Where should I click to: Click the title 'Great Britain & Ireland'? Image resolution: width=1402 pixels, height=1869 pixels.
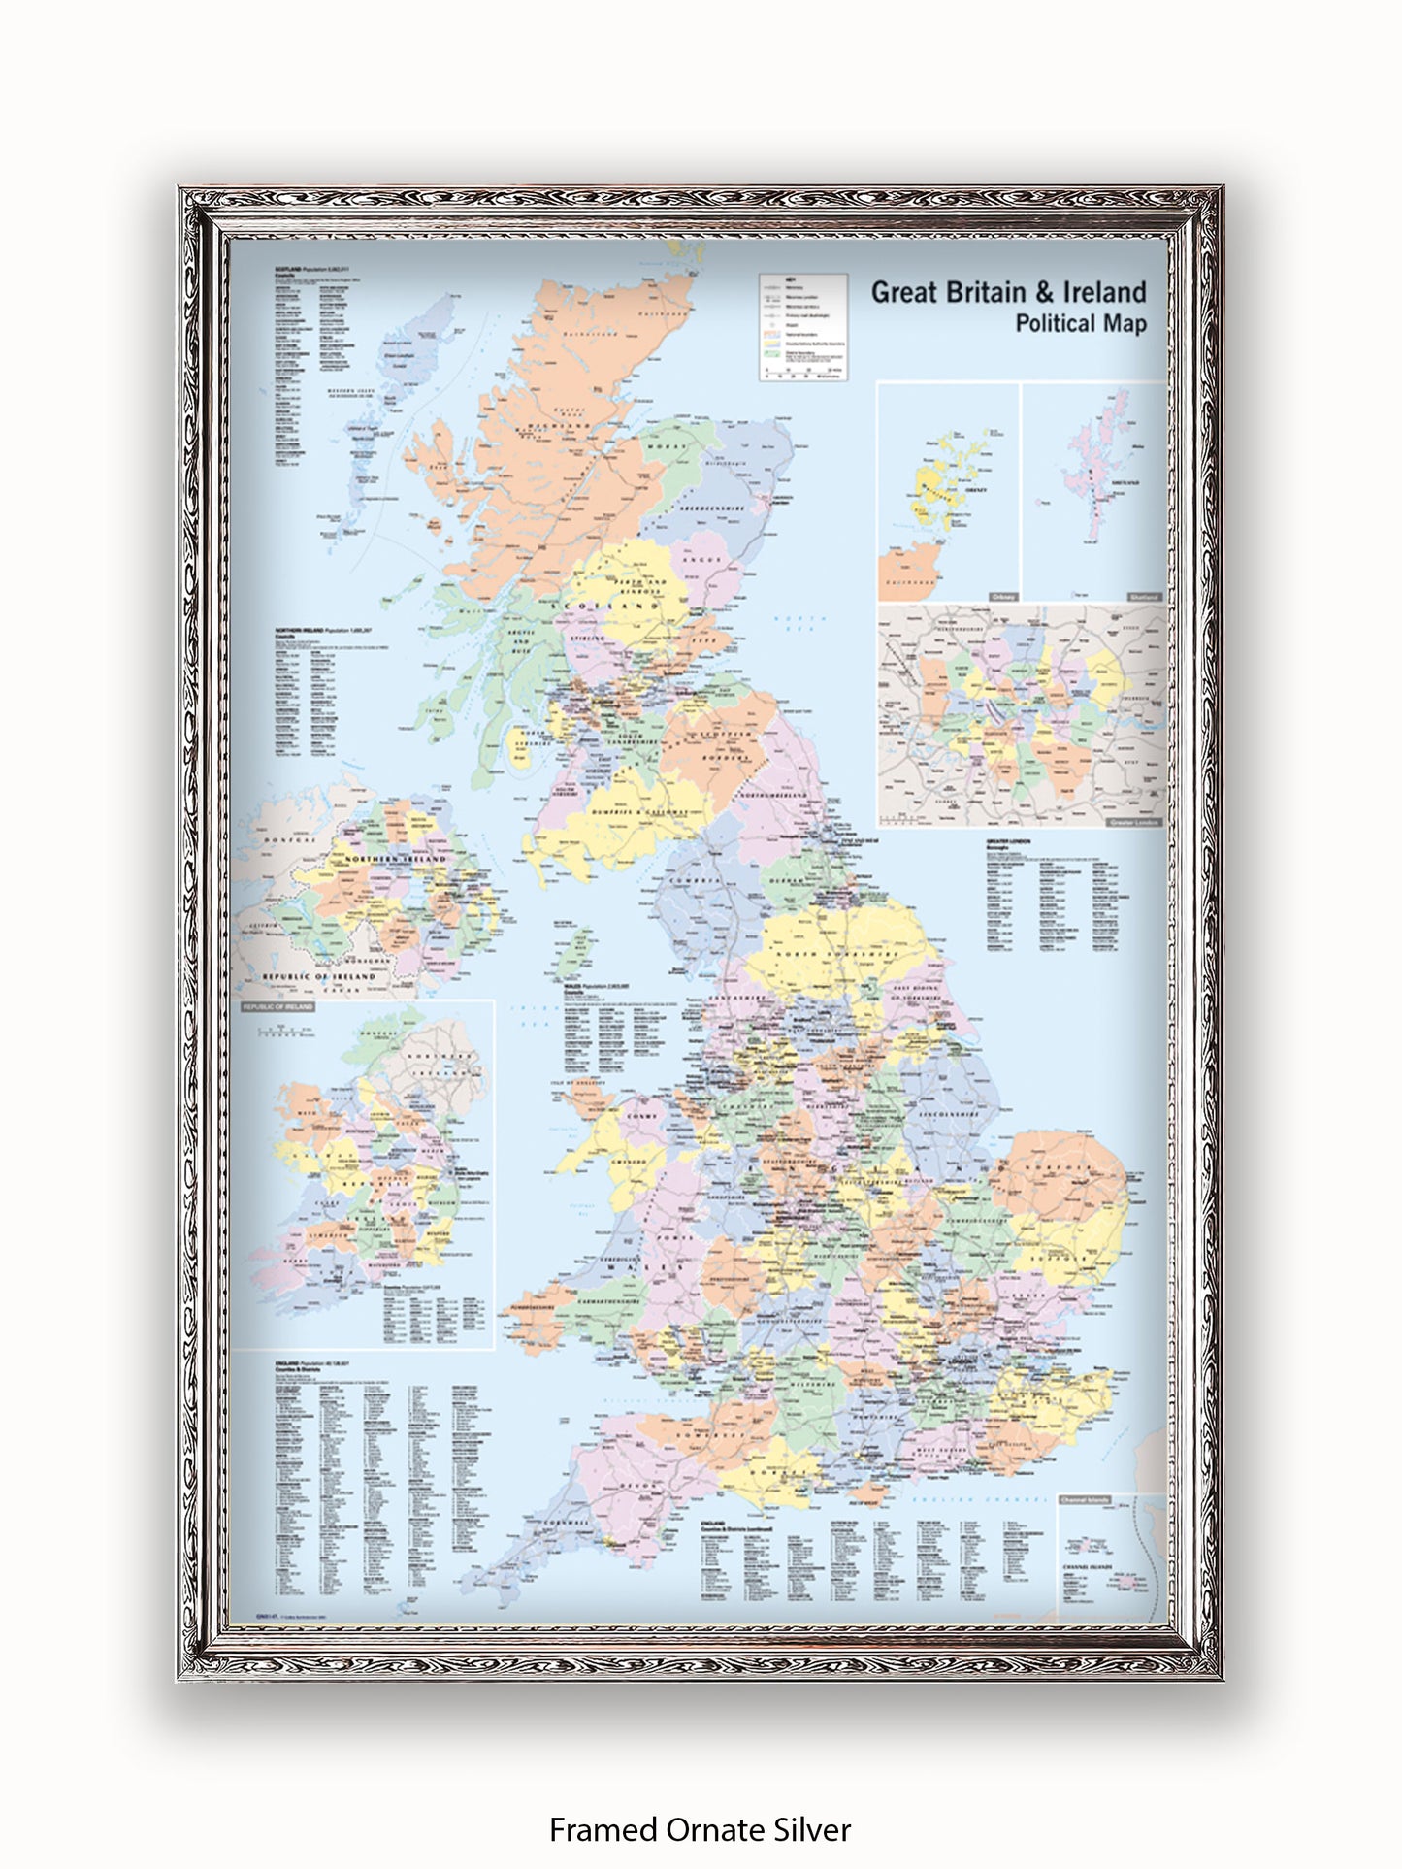[1008, 292]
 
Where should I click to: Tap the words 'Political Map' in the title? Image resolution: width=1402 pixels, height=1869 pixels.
[1080, 324]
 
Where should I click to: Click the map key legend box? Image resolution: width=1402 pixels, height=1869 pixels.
[803, 327]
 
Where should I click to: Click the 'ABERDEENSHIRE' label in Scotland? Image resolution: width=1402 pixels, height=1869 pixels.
[712, 508]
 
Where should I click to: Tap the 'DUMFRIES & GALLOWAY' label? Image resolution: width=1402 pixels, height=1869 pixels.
[637, 812]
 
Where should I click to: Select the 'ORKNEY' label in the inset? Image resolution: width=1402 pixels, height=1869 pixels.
[976, 490]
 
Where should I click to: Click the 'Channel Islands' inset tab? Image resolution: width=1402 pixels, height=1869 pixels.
[1085, 1500]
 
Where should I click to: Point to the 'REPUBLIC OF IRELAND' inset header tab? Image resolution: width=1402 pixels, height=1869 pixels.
[278, 1007]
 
